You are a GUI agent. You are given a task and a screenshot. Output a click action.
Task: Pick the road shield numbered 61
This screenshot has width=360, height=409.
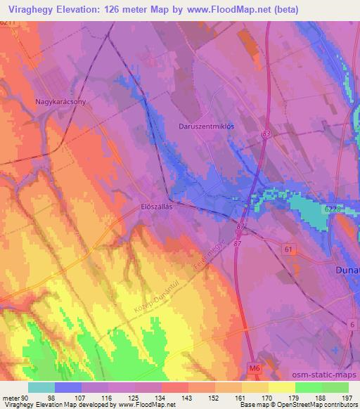288,249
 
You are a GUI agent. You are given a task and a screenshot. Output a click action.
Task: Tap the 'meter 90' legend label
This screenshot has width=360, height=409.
14,397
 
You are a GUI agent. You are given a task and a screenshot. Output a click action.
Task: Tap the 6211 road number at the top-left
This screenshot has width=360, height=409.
7,23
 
